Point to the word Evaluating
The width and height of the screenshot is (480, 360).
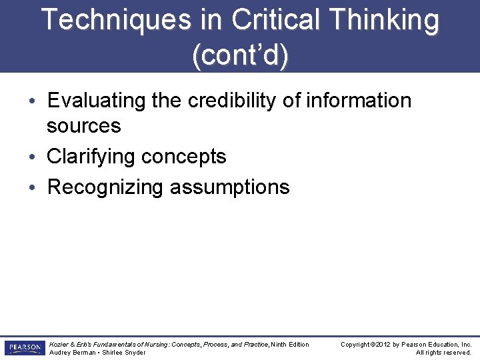point(96,101)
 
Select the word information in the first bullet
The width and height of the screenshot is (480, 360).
point(360,101)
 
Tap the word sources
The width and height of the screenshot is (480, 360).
point(84,125)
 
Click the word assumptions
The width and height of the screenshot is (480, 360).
point(229,187)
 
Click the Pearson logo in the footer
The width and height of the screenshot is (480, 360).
point(24,348)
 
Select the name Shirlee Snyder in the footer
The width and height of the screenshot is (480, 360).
point(123,353)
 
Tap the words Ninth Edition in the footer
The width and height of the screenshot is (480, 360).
point(290,345)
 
